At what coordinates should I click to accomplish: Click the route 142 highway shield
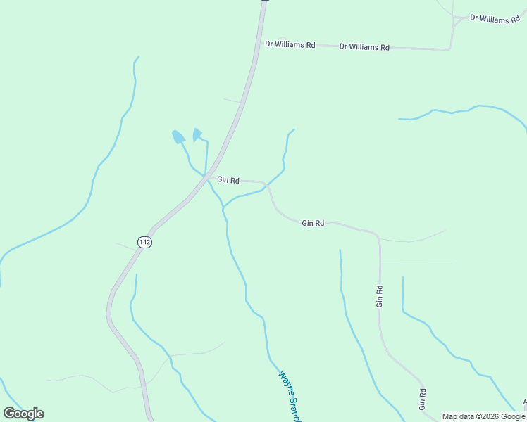tap(144, 241)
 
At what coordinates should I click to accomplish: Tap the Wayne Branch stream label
tap(290, 396)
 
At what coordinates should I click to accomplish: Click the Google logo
tap(23, 413)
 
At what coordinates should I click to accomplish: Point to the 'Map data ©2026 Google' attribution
tap(484, 416)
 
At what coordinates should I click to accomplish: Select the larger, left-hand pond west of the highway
tap(178, 136)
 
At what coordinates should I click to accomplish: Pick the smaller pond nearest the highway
tap(197, 133)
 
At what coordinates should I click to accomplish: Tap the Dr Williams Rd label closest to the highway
tap(290, 44)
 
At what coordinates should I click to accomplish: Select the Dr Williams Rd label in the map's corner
tap(495, 19)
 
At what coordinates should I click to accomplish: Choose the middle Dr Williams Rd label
tap(364, 47)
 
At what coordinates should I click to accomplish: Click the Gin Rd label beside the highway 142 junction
tap(228, 180)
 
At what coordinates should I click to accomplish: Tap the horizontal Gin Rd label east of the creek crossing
tap(313, 223)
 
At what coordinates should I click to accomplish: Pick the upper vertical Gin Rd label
tap(380, 296)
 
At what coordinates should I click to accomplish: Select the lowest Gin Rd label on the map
tap(422, 399)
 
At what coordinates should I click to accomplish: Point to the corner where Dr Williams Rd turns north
tap(449, 48)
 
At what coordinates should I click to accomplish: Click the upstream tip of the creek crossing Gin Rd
tap(293, 129)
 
